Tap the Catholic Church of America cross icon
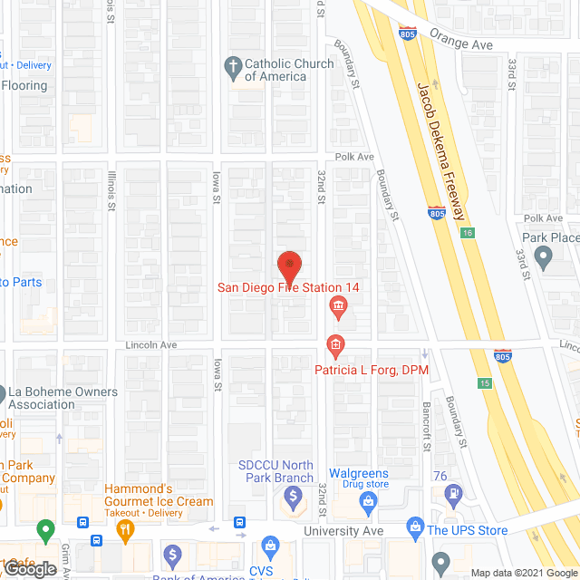pyautogui.click(x=233, y=66)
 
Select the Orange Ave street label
pyautogui.click(x=461, y=43)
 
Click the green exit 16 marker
pyautogui.click(x=468, y=233)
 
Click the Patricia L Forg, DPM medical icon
pyautogui.click(x=334, y=345)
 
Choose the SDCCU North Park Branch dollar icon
pyautogui.click(x=294, y=498)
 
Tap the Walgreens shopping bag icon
pyautogui.click(x=368, y=499)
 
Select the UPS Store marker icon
pyautogui.click(x=416, y=527)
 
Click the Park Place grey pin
pyautogui.click(x=543, y=260)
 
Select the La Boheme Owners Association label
pyautogui.click(x=63, y=398)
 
